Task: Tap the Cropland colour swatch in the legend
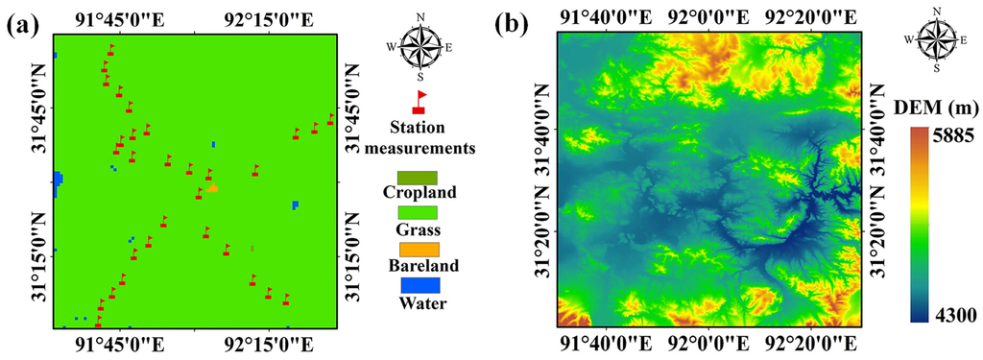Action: (417, 178)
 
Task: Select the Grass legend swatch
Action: (417, 212)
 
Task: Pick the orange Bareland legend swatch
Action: (417, 249)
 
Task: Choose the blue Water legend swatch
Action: (417, 285)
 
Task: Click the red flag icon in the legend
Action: (419, 102)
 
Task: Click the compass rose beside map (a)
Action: (419, 47)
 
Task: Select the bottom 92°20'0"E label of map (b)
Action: (810, 343)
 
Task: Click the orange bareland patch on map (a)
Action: (212, 188)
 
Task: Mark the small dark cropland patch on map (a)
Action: (252, 249)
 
